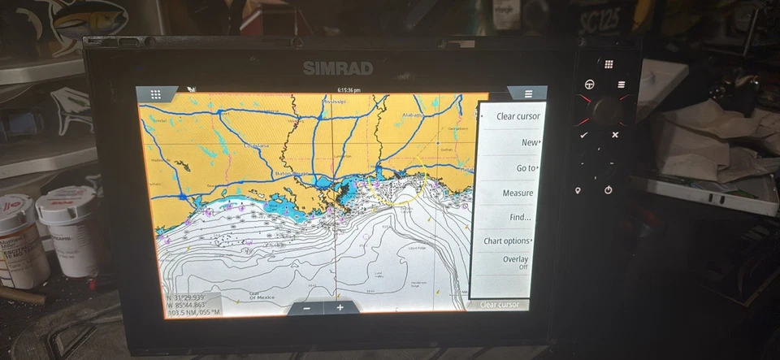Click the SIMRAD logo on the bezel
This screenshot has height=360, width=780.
click(337, 67)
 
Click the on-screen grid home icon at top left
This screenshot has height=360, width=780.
click(155, 94)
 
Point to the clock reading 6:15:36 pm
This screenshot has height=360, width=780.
click(349, 89)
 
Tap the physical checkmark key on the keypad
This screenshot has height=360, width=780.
click(583, 135)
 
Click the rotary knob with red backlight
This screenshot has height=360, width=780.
click(604, 108)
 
